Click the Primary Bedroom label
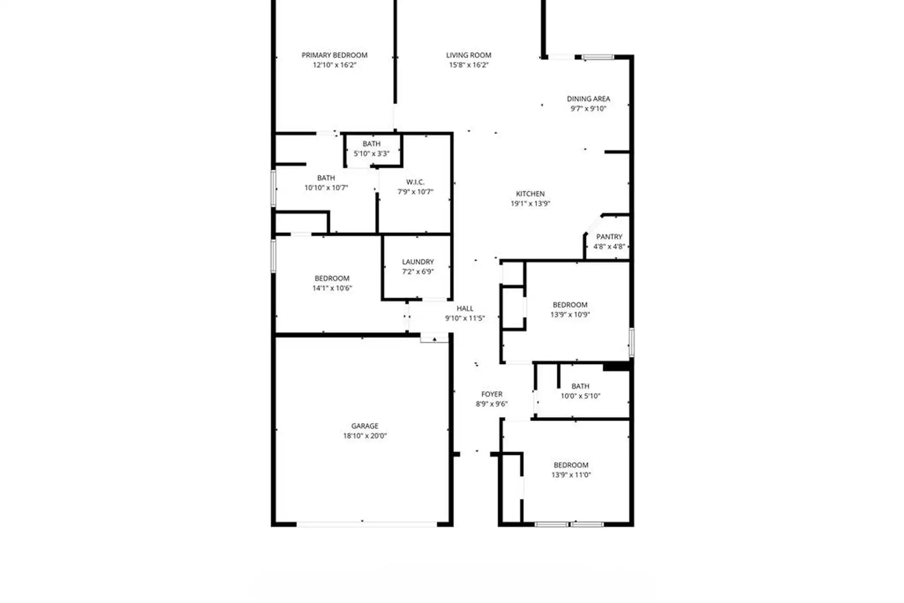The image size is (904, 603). (x=334, y=55)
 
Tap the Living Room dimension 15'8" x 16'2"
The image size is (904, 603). (x=469, y=65)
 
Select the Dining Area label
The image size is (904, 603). (x=588, y=99)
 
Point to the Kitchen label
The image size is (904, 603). (x=530, y=194)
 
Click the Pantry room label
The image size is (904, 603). (x=609, y=237)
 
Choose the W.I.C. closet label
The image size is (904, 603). (x=415, y=182)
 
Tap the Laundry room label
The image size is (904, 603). (x=418, y=262)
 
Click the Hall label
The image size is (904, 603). (x=465, y=309)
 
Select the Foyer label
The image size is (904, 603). (x=492, y=394)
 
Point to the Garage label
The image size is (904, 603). (x=365, y=426)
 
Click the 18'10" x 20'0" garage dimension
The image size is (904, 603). (x=365, y=436)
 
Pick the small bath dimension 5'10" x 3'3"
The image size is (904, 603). (x=372, y=154)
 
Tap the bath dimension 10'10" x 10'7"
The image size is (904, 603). (x=326, y=188)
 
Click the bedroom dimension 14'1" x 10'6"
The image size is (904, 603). (x=332, y=288)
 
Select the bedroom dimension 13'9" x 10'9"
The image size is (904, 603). (x=570, y=314)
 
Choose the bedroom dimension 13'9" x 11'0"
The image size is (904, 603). (x=571, y=475)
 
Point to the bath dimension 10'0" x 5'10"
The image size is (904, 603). (x=580, y=396)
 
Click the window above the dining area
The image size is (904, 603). (x=598, y=57)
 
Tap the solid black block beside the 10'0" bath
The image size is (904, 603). (x=616, y=367)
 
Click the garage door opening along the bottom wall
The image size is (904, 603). (x=367, y=524)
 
